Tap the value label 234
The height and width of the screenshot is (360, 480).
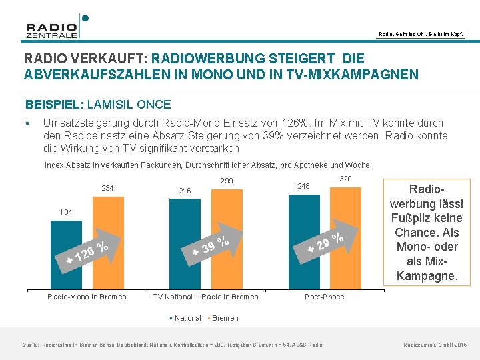[x=107, y=189]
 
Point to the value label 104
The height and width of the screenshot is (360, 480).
[x=65, y=212]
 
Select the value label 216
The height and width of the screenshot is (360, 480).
[x=184, y=191]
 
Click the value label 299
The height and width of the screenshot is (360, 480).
[x=227, y=181]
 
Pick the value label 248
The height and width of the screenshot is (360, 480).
[x=304, y=186]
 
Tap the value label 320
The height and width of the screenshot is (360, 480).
[x=345, y=179]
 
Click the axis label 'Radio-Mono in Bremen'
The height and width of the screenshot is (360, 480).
[x=87, y=297]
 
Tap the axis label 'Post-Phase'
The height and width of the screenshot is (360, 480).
[x=325, y=297]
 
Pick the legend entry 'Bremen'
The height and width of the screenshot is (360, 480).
[x=223, y=318]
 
